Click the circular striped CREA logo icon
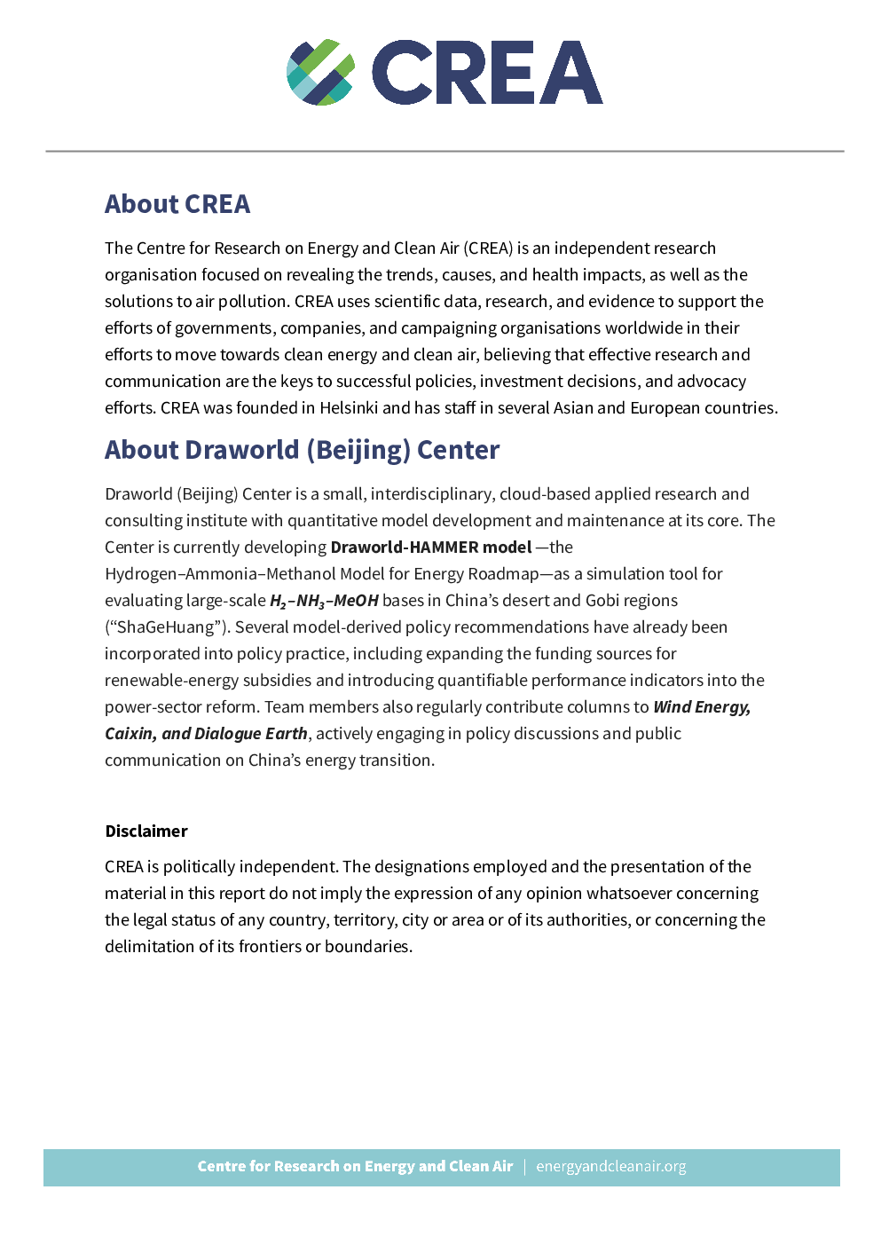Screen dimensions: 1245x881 tap(320, 73)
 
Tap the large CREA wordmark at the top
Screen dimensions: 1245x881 tap(487, 73)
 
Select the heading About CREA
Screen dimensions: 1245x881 tap(177, 204)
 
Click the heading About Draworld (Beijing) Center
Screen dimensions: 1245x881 tap(302, 450)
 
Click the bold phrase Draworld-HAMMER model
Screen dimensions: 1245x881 tap(431, 548)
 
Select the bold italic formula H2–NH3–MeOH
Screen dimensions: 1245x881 tap(324, 601)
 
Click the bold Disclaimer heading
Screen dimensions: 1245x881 tap(146, 831)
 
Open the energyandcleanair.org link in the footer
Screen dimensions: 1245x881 tap(611, 1167)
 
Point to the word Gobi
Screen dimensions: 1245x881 tap(602, 601)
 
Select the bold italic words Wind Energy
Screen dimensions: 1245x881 tap(702, 707)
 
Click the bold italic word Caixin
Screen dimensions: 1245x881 tap(130, 734)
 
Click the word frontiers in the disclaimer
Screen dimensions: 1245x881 tap(270, 947)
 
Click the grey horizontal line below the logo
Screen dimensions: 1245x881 tap(444, 152)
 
